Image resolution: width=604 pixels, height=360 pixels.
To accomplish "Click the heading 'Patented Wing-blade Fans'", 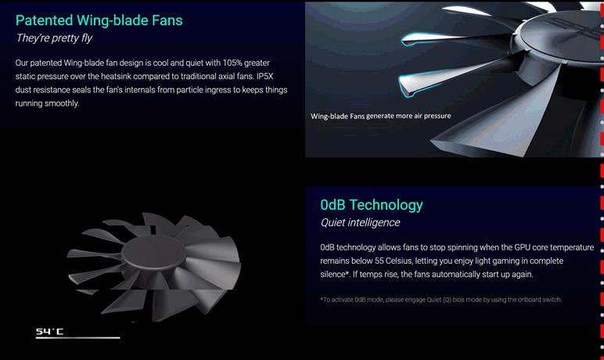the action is pyautogui.click(x=99, y=21).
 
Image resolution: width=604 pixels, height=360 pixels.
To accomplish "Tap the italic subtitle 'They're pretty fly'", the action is pyautogui.click(x=54, y=38).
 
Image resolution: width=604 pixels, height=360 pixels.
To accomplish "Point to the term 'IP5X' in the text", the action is pyautogui.click(x=264, y=77).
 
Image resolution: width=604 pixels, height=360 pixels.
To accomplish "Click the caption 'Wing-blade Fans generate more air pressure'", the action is pyautogui.click(x=380, y=116).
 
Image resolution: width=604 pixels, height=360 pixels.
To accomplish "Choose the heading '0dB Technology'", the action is pyautogui.click(x=372, y=205).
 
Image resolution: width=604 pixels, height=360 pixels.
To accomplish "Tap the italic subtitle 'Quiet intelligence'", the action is pyautogui.click(x=360, y=222).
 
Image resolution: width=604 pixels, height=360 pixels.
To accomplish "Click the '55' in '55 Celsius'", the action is pyautogui.click(x=379, y=261).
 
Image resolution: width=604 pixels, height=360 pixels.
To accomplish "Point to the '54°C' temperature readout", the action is pyautogui.click(x=50, y=331).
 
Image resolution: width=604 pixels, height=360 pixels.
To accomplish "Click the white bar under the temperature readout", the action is pyautogui.click(x=77, y=337).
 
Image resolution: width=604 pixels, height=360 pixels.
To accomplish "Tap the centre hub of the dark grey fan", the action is pyautogui.click(x=153, y=250).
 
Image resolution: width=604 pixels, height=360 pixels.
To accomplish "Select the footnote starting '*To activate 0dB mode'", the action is pyautogui.click(x=440, y=300).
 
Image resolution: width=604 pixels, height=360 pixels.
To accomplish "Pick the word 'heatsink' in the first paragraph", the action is pyautogui.click(x=116, y=77).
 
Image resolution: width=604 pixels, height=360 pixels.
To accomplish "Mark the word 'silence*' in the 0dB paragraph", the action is pyautogui.click(x=334, y=275).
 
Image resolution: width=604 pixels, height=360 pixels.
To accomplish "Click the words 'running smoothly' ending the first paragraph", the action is pyautogui.click(x=47, y=103).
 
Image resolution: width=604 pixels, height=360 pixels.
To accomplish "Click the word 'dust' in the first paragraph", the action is pyautogui.click(x=23, y=90).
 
